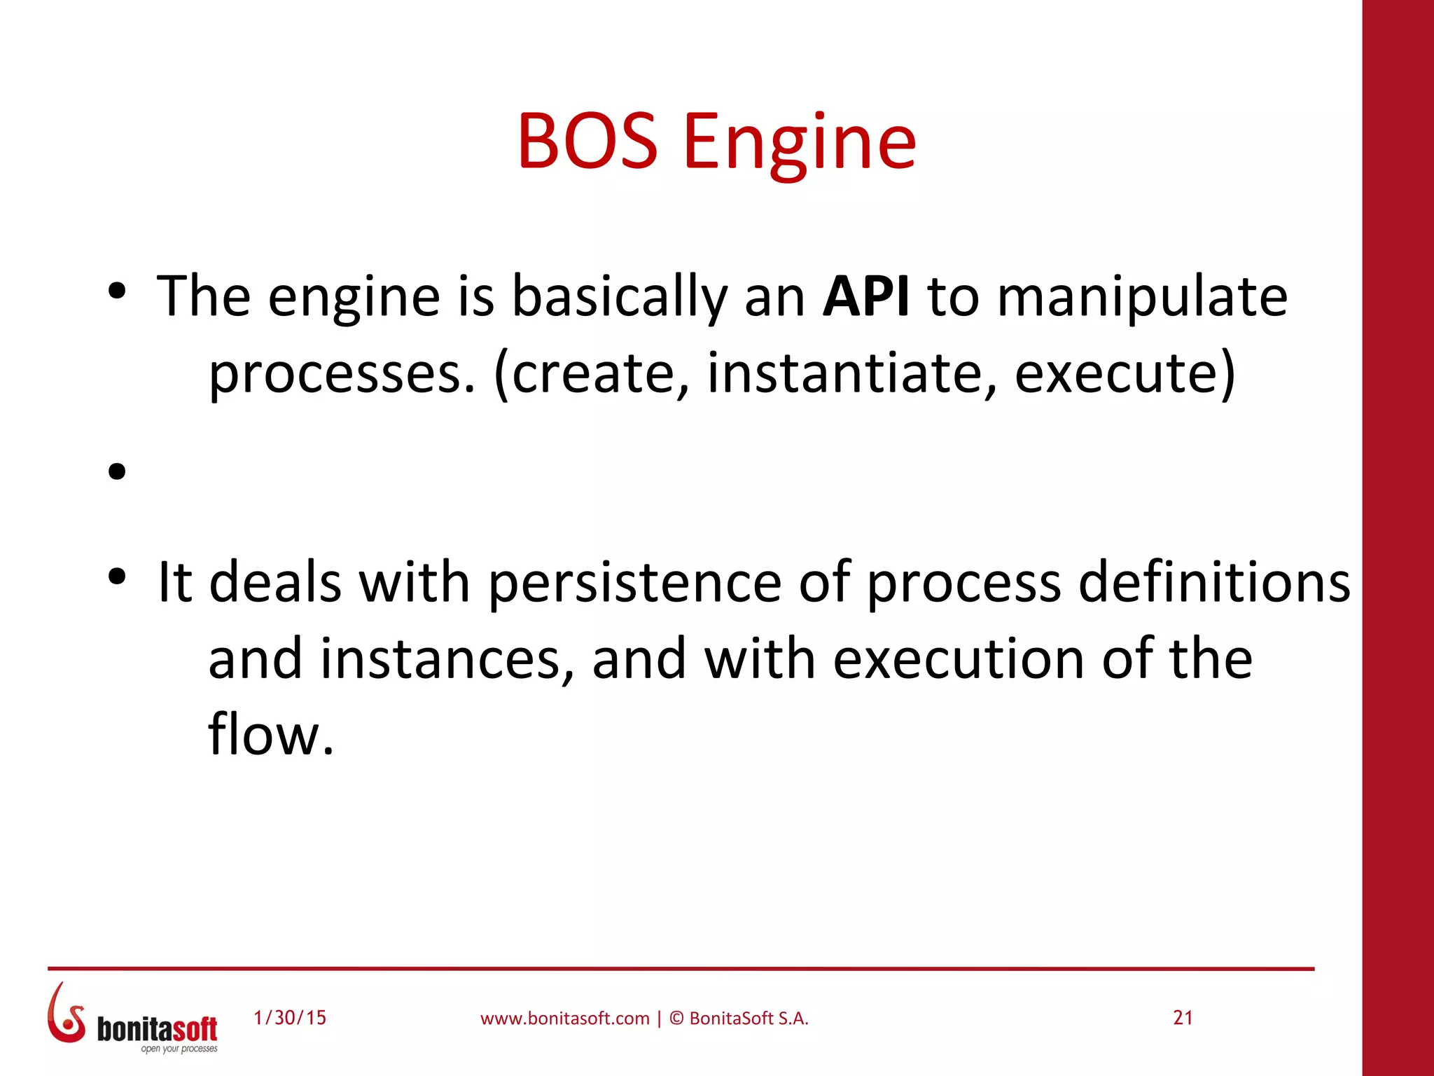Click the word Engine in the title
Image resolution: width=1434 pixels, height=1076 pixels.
[x=799, y=144]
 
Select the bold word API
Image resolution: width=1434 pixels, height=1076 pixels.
[x=865, y=296]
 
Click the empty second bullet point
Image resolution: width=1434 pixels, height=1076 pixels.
[x=117, y=471]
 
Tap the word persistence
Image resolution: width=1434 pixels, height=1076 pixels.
[x=634, y=583]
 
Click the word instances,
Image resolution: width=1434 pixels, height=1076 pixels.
[x=447, y=659]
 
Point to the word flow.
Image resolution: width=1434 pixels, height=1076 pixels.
[x=270, y=734]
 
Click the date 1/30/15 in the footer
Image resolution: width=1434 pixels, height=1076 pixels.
[x=290, y=1018]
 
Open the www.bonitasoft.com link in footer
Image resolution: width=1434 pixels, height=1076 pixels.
[x=564, y=1019]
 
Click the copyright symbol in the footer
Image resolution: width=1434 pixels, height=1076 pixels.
[x=676, y=1019]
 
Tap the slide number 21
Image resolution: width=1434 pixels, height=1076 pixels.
[x=1183, y=1018]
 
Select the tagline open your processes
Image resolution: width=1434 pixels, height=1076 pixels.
[x=179, y=1049]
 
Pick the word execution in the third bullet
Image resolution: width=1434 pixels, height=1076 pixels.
[x=959, y=659]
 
